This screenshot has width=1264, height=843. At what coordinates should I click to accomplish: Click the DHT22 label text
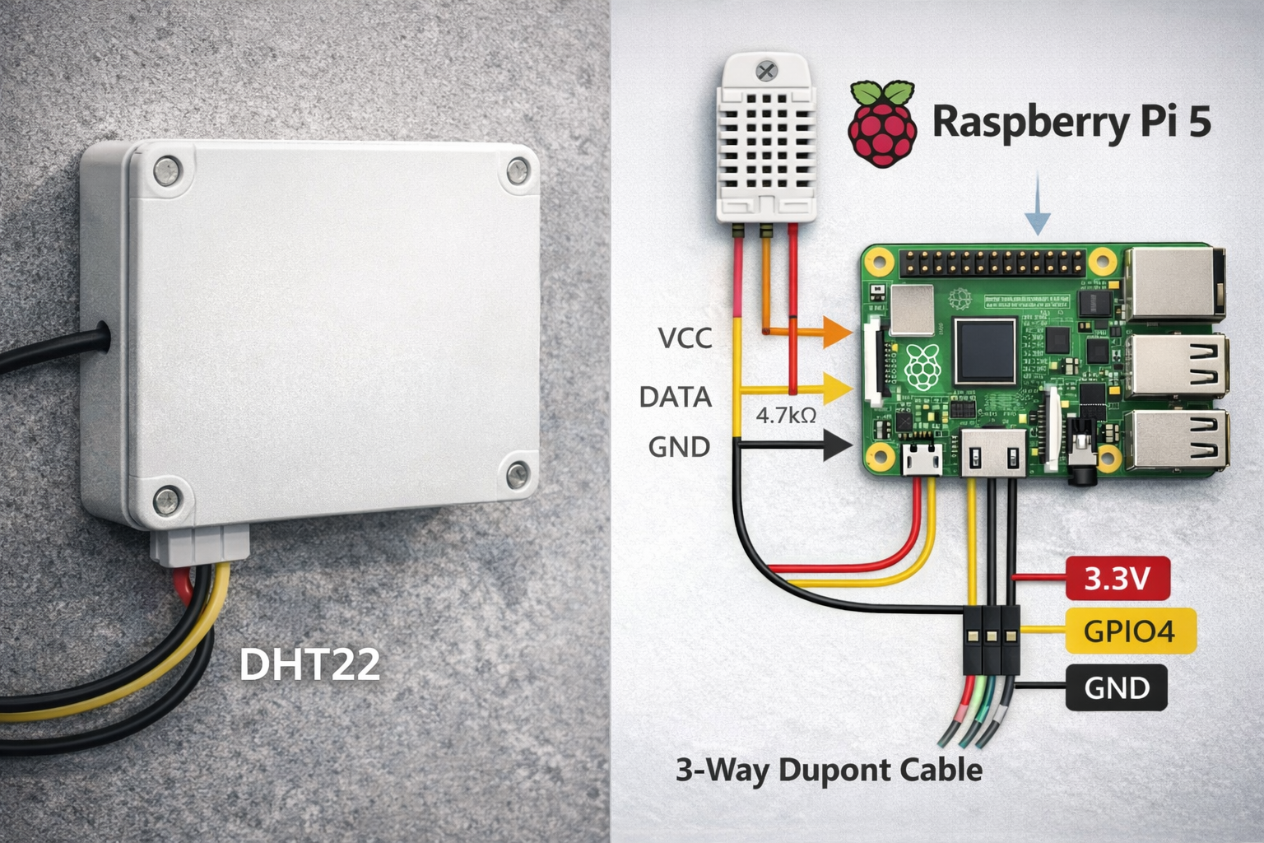(x=309, y=664)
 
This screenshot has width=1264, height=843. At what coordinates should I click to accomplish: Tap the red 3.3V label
(x=1117, y=579)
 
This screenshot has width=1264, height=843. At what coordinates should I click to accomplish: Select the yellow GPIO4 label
(x=1128, y=631)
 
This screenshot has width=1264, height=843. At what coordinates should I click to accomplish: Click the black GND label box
(x=1116, y=687)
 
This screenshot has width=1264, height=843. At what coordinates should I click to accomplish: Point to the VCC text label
(x=685, y=338)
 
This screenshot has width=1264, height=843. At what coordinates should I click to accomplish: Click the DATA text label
(x=676, y=397)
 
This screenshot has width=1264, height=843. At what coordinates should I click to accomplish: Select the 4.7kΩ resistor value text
(x=786, y=416)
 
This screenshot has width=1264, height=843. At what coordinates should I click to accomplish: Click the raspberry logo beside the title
(x=883, y=123)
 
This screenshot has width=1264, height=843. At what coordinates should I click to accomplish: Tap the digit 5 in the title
(x=1200, y=122)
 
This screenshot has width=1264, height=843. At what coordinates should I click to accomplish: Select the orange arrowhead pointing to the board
(x=838, y=332)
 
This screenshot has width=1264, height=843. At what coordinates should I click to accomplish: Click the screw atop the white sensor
(x=766, y=70)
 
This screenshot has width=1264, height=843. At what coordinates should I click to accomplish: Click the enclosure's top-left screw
(x=168, y=170)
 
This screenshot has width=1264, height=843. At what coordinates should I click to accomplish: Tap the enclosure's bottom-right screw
(x=518, y=473)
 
